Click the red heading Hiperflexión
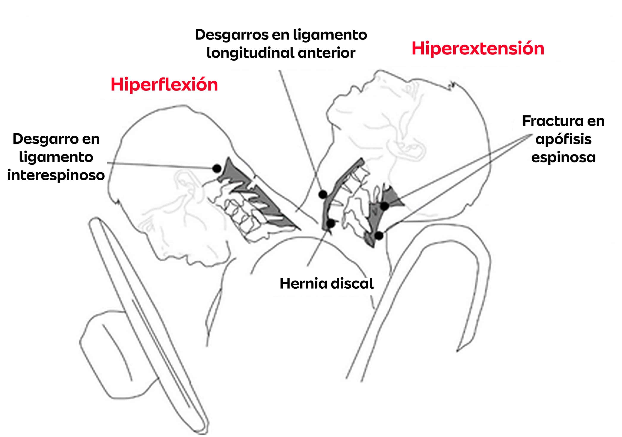[164, 85]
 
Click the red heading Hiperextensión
[478, 49]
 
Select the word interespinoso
[56, 175]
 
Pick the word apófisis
[563, 140]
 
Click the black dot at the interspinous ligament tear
[217, 168]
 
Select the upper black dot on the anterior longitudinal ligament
[323, 194]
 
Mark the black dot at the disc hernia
[331, 224]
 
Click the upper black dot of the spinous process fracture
[385, 206]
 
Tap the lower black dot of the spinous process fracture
[379, 235]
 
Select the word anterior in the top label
[327, 53]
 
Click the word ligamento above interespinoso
[56, 157]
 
